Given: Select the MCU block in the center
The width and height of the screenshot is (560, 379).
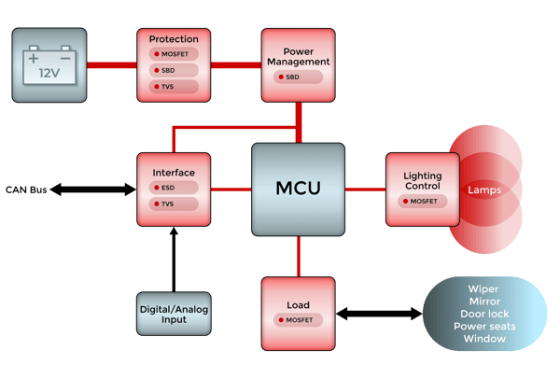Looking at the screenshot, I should click(298, 189).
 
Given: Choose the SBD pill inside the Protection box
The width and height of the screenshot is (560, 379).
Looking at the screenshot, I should click(173, 71).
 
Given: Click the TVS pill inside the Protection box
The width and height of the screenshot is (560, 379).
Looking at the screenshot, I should click(173, 87).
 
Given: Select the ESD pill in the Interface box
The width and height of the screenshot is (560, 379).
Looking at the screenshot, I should click(173, 187).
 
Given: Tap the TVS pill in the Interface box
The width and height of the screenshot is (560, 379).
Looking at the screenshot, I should click(173, 204).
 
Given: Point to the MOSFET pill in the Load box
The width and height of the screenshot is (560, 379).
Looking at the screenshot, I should click(298, 320).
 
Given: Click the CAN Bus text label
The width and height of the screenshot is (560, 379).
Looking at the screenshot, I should click(25, 189).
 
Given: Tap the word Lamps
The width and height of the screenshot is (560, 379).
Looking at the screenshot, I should click(484, 189).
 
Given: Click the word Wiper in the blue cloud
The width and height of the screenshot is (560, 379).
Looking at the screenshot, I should click(484, 289).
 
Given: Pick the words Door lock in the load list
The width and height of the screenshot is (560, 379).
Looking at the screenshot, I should click(484, 314).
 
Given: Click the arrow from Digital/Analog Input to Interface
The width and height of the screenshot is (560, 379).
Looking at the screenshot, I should click(174, 258).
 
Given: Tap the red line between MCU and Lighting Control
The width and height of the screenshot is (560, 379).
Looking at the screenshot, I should click(365, 189).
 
